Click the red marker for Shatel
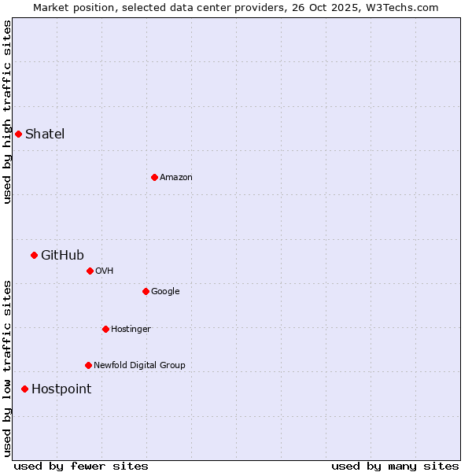tap(18, 134)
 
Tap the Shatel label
tap(45, 134)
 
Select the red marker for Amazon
tap(154, 177)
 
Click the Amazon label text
tap(176, 177)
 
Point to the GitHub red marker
tap(34, 255)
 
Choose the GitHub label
tap(62, 255)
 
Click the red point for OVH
tap(90, 271)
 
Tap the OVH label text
tap(105, 271)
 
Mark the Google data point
tap(146, 291)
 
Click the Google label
tap(165, 291)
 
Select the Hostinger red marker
tap(105, 329)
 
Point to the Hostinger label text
tap(131, 329)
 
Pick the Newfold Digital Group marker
tap(88, 365)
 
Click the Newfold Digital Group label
tap(139, 365)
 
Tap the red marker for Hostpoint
tap(24, 389)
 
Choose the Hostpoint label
tap(61, 389)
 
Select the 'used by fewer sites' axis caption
tap(81, 466)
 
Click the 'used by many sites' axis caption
tap(395, 466)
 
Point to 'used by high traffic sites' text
tap(7, 112)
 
